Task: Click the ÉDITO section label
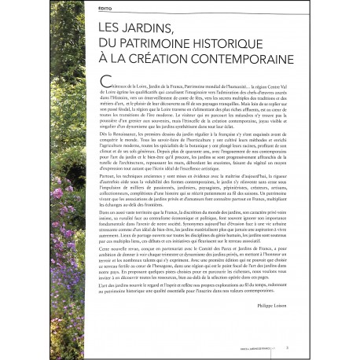click(104, 7)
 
